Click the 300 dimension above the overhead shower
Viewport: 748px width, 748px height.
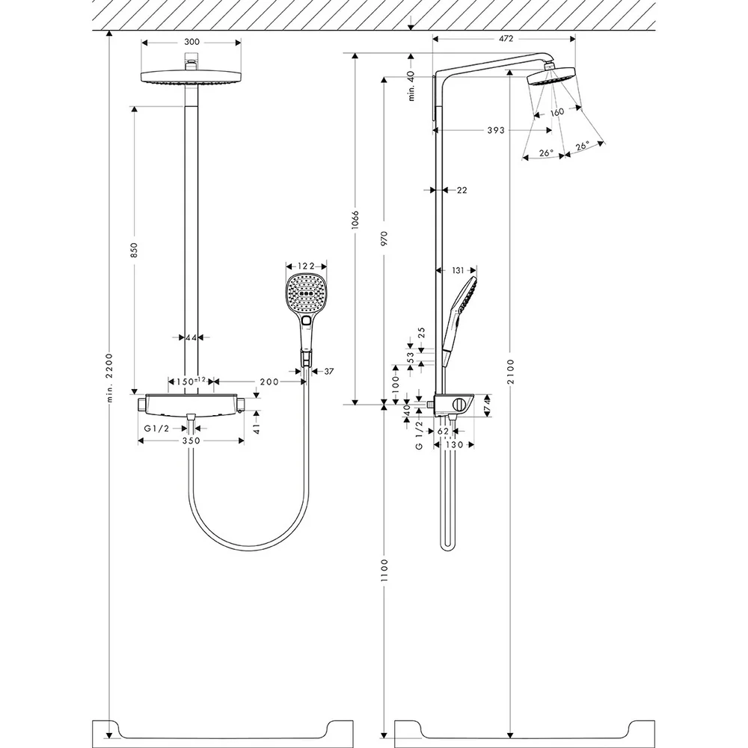(x=191, y=42)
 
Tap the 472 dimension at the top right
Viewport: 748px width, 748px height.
(x=506, y=39)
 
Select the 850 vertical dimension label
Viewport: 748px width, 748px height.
(x=134, y=250)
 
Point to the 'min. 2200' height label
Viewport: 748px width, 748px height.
(x=110, y=378)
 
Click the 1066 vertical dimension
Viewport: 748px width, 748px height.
(x=355, y=219)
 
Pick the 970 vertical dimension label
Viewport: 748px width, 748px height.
(x=384, y=238)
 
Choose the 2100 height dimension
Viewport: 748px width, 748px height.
(x=511, y=372)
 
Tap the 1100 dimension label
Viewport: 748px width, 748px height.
(x=384, y=570)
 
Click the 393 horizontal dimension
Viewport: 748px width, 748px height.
(x=496, y=130)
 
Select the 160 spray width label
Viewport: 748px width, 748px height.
(x=557, y=113)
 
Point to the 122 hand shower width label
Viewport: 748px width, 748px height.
(x=306, y=266)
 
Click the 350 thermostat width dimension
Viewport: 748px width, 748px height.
(x=191, y=441)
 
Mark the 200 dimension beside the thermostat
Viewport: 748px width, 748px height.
(x=269, y=381)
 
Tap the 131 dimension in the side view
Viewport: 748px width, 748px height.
(x=458, y=271)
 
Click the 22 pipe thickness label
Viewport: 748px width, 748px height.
(x=462, y=190)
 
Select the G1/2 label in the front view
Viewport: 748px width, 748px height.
(x=156, y=429)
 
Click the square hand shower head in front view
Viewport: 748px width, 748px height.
(x=307, y=293)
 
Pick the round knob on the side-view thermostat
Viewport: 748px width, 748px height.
(x=459, y=405)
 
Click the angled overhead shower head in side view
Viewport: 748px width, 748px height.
(x=552, y=76)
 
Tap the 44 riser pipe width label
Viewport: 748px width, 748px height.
(x=191, y=338)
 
